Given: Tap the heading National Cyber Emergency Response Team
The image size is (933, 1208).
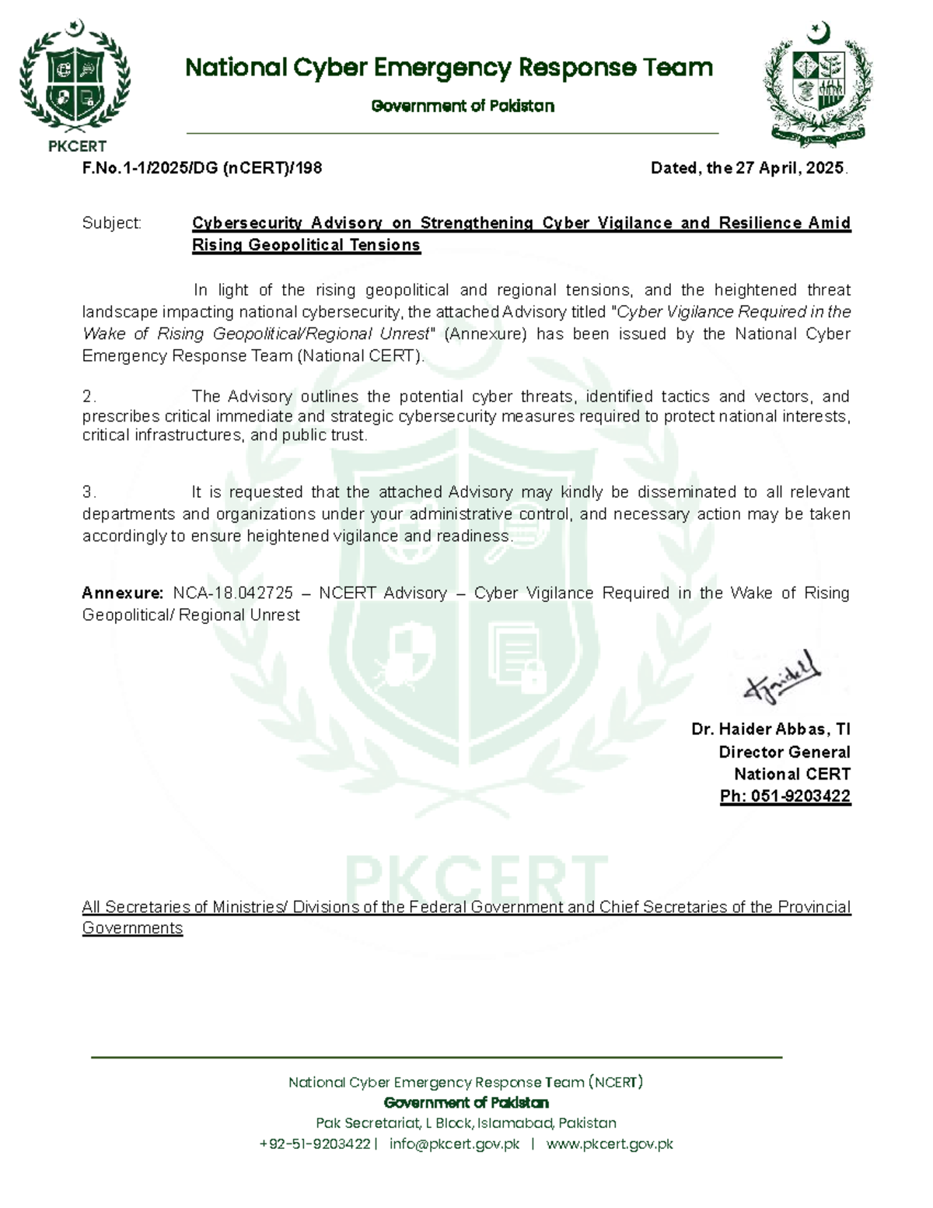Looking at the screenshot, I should coord(449,68).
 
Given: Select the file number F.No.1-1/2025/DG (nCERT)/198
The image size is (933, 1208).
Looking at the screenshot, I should coord(202,168).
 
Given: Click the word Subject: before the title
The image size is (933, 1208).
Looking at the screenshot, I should coord(112,223).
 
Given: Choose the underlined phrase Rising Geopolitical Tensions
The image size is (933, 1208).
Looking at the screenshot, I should coord(306,245).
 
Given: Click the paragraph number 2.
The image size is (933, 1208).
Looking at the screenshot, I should coord(89,397).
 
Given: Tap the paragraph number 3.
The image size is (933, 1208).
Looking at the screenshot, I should coord(89,492).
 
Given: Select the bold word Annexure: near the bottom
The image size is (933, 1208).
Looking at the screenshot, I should coord(122,593).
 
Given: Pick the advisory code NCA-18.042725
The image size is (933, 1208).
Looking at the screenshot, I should coord(232,593).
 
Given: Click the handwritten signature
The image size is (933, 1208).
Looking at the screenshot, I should coord(781,677).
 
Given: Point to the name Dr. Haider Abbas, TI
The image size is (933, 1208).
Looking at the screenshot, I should coord(771,729).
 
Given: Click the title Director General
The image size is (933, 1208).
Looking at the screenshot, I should coord(784,751).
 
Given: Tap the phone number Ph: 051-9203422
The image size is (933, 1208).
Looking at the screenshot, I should coord(784,796).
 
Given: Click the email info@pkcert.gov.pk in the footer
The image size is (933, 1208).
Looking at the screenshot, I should coord(454,1143).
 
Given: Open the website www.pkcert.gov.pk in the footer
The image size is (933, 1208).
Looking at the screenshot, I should coord(610,1143).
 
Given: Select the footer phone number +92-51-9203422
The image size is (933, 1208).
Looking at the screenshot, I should coord(314,1143).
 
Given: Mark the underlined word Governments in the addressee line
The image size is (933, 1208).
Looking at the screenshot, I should coord(132,928).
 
